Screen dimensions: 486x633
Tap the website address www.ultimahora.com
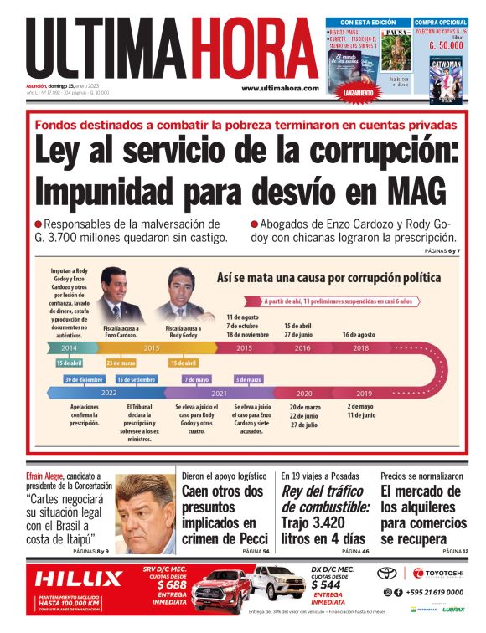point(280,88)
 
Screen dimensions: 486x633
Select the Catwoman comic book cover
point(446,80)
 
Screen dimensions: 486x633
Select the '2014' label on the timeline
point(69,347)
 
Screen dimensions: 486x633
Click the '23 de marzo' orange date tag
point(121,363)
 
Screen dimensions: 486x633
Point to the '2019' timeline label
point(364,393)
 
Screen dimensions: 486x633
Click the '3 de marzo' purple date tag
point(249,379)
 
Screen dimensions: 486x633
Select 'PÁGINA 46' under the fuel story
point(354,552)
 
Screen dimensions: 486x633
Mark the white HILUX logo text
point(78,578)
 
